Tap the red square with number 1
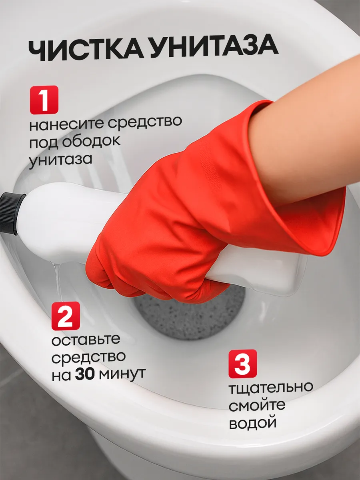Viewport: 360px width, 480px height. pos(44,100)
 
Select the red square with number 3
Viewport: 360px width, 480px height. pos(243,364)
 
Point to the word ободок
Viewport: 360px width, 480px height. pos(91,142)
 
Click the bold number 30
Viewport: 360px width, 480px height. pos(85,374)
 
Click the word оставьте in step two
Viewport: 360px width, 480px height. pos(86,340)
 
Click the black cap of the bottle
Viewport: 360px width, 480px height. pos(12,214)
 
